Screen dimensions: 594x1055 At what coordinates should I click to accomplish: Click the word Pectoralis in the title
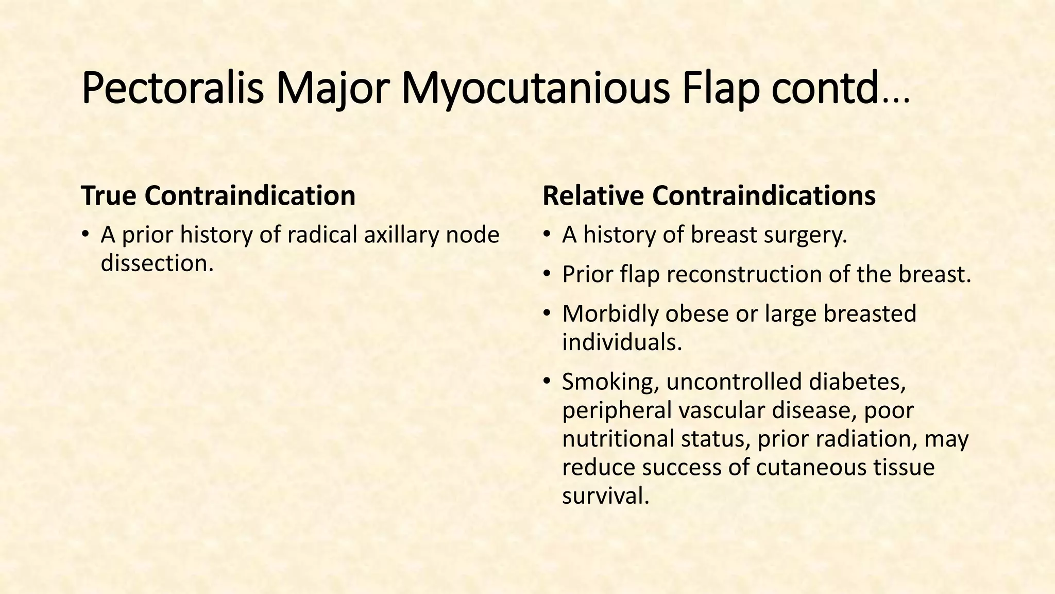(173, 89)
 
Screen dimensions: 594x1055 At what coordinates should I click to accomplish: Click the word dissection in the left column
(157, 263)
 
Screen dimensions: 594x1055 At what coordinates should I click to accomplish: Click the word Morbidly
(610, 314)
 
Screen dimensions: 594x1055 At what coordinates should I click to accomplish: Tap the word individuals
(622, 342)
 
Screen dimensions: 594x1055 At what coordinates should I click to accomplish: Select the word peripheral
(616, 411)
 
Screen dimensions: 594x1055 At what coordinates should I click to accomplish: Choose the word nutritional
(618, 439)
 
